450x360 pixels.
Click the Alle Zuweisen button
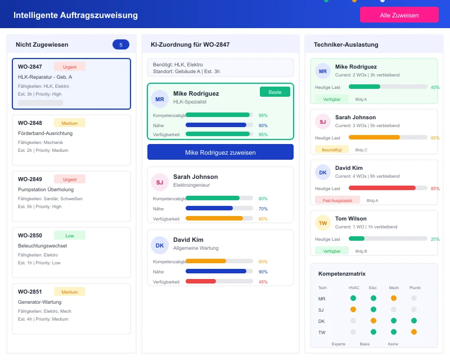[x=399, y=15]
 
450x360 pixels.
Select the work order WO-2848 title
[x=30, y=123]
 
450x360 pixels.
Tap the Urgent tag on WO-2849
[x=70, y=179]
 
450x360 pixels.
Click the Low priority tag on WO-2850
[x=70, y=235]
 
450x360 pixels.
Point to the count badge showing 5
[x=121, y=44]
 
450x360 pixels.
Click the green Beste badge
[x=275, y=92]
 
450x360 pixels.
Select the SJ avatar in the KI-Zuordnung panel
[x=160, y=182]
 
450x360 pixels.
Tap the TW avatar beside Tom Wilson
[x=323, y=223]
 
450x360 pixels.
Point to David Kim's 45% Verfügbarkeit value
[x=263, y=282]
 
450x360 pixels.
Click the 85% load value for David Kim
[x=435, y=188]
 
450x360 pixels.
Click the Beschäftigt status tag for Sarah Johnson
[x=332, y=150]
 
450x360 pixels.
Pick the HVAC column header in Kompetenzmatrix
[x=354, y=287]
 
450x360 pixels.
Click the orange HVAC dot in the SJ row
[x=353, y=309]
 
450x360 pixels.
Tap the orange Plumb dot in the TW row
[x=414, y=332]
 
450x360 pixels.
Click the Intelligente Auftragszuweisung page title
[x=75, y=15]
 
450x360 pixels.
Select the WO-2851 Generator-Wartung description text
[x=39, y=302]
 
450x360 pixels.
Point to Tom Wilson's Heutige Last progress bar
[x=388, y=238]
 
